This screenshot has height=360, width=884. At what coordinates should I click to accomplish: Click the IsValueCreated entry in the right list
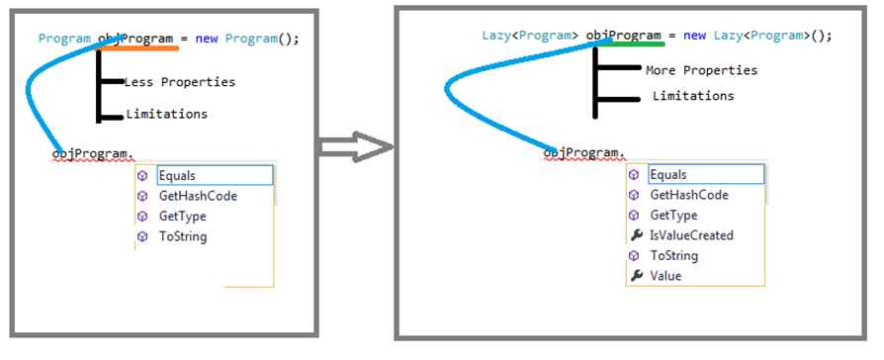click(x=691, y=234)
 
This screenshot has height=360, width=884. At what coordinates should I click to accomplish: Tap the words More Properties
click(x=701, y=70)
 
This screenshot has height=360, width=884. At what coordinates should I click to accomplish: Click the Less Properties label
click(x=180, y=81)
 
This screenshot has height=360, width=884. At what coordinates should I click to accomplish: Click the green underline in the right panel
click(x=637, y=44)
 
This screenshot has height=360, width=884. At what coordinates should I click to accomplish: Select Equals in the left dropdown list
click(x=177, y=175)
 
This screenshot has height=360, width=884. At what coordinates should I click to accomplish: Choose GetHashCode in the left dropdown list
click(x=198, y=196)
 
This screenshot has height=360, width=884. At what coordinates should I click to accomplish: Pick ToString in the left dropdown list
click(x=183, y=236)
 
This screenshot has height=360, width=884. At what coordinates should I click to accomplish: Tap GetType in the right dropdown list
click(x=673, y=215)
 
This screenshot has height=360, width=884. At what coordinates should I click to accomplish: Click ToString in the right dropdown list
click(x=673, y=255)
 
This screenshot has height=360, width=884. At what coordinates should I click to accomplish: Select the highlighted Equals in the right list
click(x=668, y=175)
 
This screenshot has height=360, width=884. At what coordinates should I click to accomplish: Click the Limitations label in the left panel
click(x=166, y=114)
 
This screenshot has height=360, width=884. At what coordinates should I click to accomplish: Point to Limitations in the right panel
click(x=693, y=96)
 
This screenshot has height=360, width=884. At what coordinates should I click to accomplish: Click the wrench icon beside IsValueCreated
click(x=636, y=235)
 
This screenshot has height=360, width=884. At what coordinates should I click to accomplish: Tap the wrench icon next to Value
click(x=636, y=276)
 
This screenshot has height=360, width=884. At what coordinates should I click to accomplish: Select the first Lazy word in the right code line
click(x=494, y=36)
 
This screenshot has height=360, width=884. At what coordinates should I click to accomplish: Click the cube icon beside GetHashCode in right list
click(x=636, y=195)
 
